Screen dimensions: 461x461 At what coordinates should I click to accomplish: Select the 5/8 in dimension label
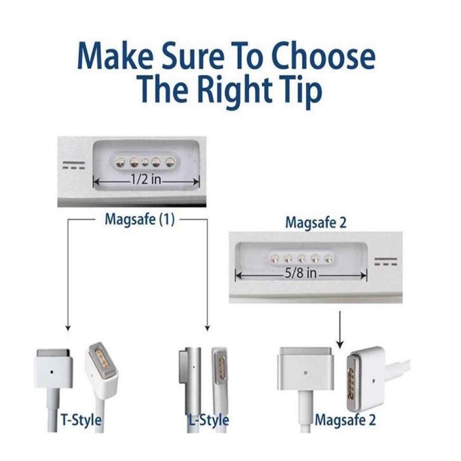click(x=301, y=273)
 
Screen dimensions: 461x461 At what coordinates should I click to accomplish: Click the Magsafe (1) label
click(x=140, y=220)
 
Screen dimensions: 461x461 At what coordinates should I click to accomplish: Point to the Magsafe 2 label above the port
click(x=315, y=222)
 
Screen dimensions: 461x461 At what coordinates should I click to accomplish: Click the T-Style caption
click(x=81, y=420)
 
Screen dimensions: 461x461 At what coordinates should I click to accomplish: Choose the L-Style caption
click(x=209, y=420)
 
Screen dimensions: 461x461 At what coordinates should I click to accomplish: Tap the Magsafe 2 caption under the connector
click(x=345, y=420)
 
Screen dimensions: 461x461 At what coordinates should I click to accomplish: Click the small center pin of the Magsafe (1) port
click(x=145, y=162)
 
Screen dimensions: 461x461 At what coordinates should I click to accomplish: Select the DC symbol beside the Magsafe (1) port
click(x=74, y=165)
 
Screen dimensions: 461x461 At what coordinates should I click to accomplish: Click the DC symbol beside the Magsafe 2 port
click(x=385, y=262)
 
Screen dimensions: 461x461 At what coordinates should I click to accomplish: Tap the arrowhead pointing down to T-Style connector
click(x=68, y=328)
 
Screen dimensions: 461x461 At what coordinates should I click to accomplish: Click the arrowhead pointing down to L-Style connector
click(x=207, y=328)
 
